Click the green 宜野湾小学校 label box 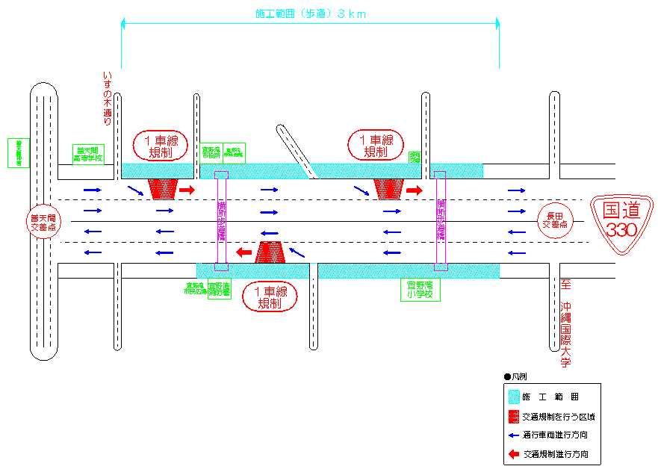420,290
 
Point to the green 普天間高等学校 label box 88,154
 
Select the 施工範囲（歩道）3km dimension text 310,13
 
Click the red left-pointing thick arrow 244,252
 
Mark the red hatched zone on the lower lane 269,253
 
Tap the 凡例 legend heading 519,378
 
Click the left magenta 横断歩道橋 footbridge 221,221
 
